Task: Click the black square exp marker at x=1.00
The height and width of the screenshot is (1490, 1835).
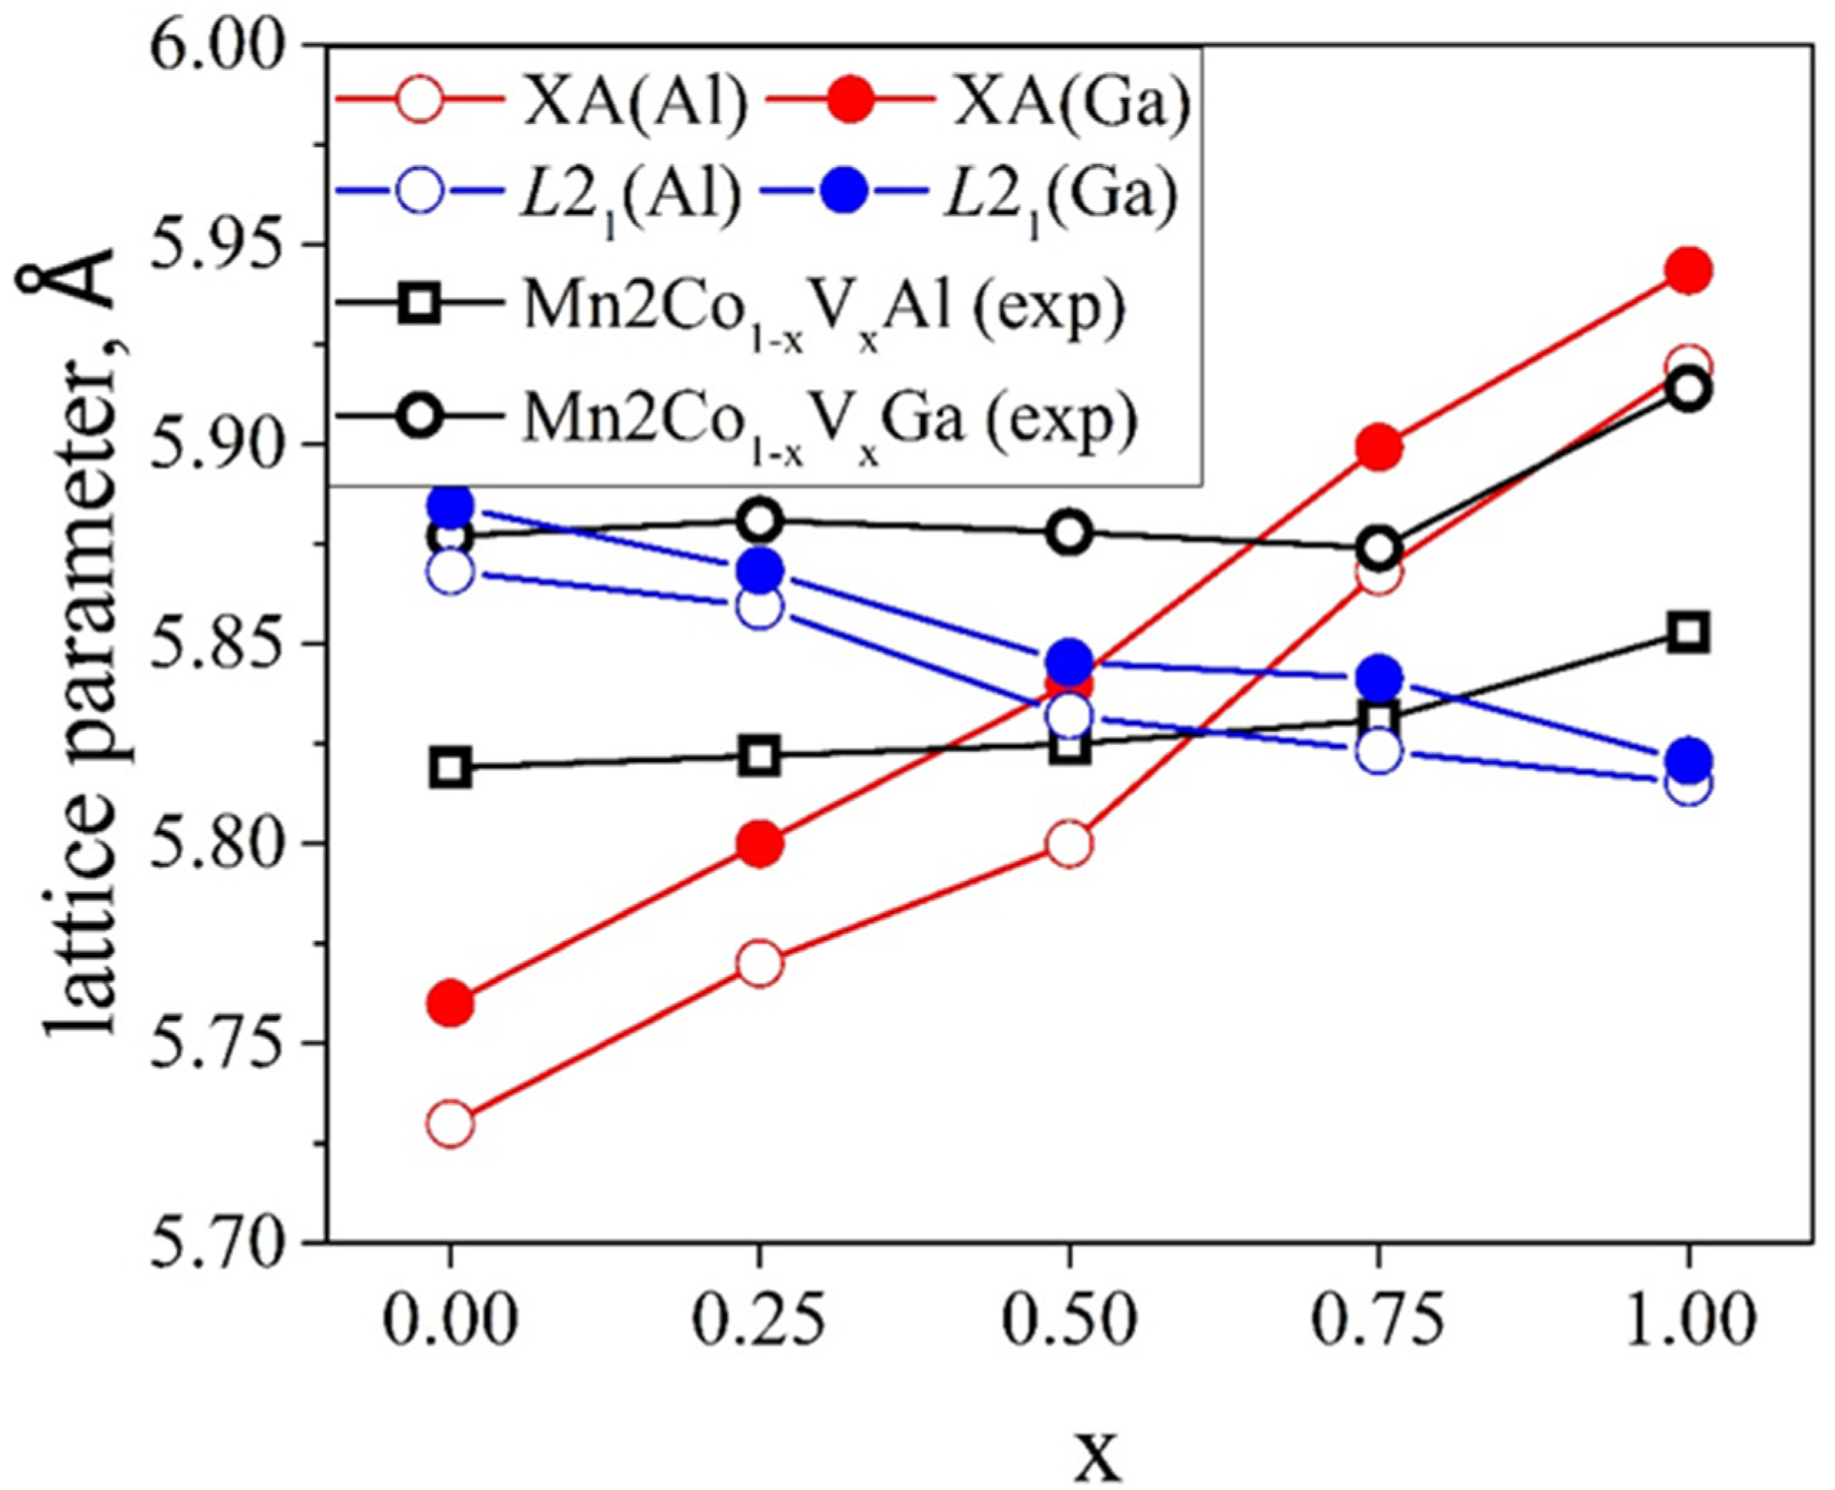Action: coord(1688,633)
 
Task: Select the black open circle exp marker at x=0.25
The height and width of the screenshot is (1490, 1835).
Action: coord(760,520)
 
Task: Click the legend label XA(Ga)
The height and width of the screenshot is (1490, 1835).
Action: coord(1073,105)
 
